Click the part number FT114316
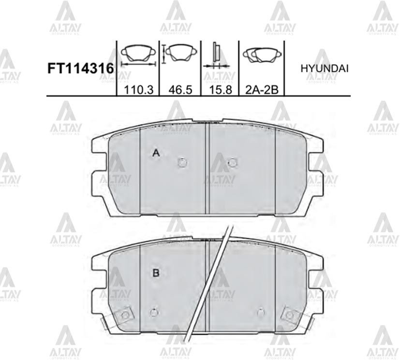click(x=80, y=69)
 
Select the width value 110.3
click(x=138, y=90)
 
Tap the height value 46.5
click(x=180, y=90)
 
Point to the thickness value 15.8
click(x=220, y=90)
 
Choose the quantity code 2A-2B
click(x=262, y=90)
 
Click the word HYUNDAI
click(x=325, y=69)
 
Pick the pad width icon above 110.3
click(x=138, y=57)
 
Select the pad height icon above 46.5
click(x=179, y=54)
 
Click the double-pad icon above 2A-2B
click(x=262, y=56)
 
